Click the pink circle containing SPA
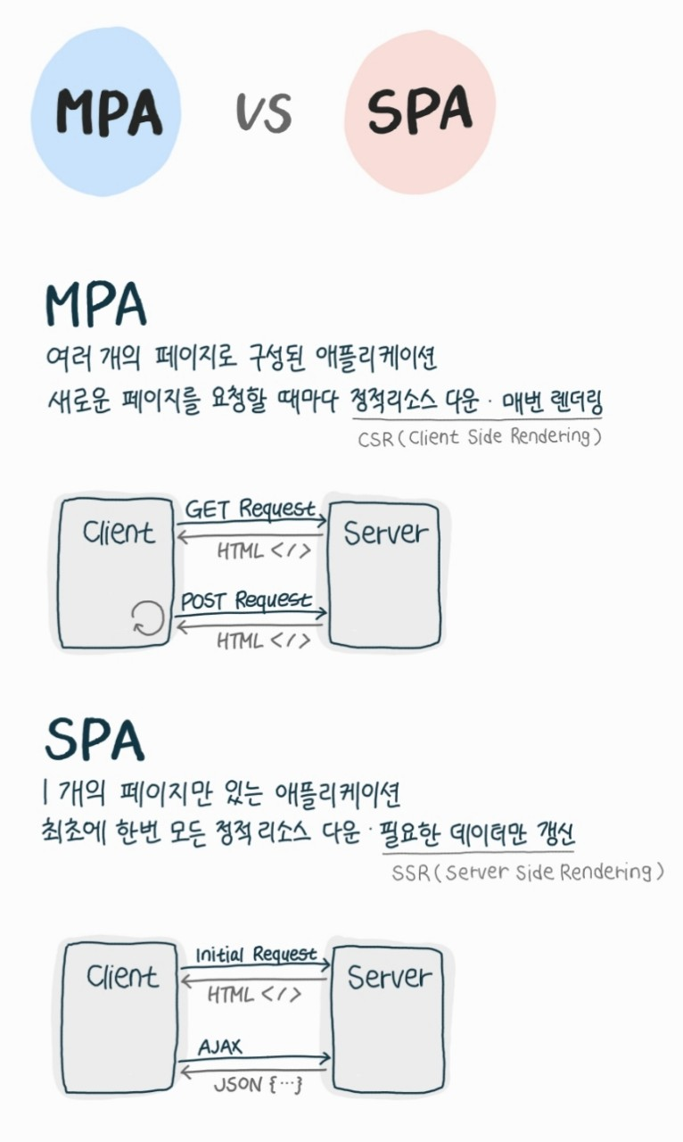point(419,112)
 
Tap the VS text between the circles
point(264,113)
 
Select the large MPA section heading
point(96,306)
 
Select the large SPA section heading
point(94,739)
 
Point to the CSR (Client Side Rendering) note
point(480,438)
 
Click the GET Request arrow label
point(251,509)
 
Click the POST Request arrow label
point(247,600)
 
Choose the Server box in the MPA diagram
point(385,571)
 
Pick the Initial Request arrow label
point(256,955)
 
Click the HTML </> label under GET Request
point(264,550)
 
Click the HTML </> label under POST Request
point(264,641)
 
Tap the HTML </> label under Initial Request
point(255,994)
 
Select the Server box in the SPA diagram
point(388,1014)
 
